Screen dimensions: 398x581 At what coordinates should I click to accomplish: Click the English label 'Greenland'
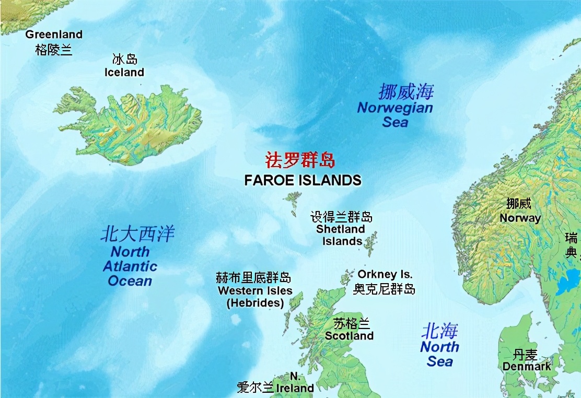click(x=54, y=34)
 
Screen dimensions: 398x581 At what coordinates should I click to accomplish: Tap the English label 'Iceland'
click(x=124, y=72)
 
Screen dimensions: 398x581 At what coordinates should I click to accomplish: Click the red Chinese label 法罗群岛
click(x=300, y=160)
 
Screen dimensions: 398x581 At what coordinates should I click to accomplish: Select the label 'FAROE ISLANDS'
click(x=303, y=180)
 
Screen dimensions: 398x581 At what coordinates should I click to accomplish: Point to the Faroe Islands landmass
click(x=293, y=199)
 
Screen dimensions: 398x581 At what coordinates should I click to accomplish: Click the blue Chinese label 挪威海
click(x=406, y=92)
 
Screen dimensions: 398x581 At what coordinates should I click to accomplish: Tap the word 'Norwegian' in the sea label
click(x=395, y=108)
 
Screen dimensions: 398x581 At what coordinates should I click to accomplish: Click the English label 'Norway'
click(x=520, y=218)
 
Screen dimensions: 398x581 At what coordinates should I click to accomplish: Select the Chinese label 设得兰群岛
click(x=342, y=217)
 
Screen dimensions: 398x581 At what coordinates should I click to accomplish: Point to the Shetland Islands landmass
click(x=371, y=243)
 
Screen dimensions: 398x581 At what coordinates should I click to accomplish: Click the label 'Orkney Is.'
click(x=385, y=274)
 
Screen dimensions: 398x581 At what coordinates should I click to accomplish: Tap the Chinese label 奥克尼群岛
click(x=384, y=289)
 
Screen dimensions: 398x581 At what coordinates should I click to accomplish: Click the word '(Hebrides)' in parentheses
click(x=255, y=302)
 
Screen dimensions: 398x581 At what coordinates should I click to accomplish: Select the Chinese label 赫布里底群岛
click(x=253, y=277)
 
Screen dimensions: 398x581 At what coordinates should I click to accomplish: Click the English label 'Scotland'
click(x=349, y=336)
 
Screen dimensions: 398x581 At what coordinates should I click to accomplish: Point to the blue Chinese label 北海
click(x=440, y=331)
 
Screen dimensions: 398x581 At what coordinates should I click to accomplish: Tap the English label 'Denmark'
click(x=527, y=366)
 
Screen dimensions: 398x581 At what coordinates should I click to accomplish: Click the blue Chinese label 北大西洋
click(x=137, y=233)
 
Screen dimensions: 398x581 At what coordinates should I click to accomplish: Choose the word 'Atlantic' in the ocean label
click(x=130, y=266)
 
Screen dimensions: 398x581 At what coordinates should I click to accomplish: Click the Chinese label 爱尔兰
click(x=255, y=387)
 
